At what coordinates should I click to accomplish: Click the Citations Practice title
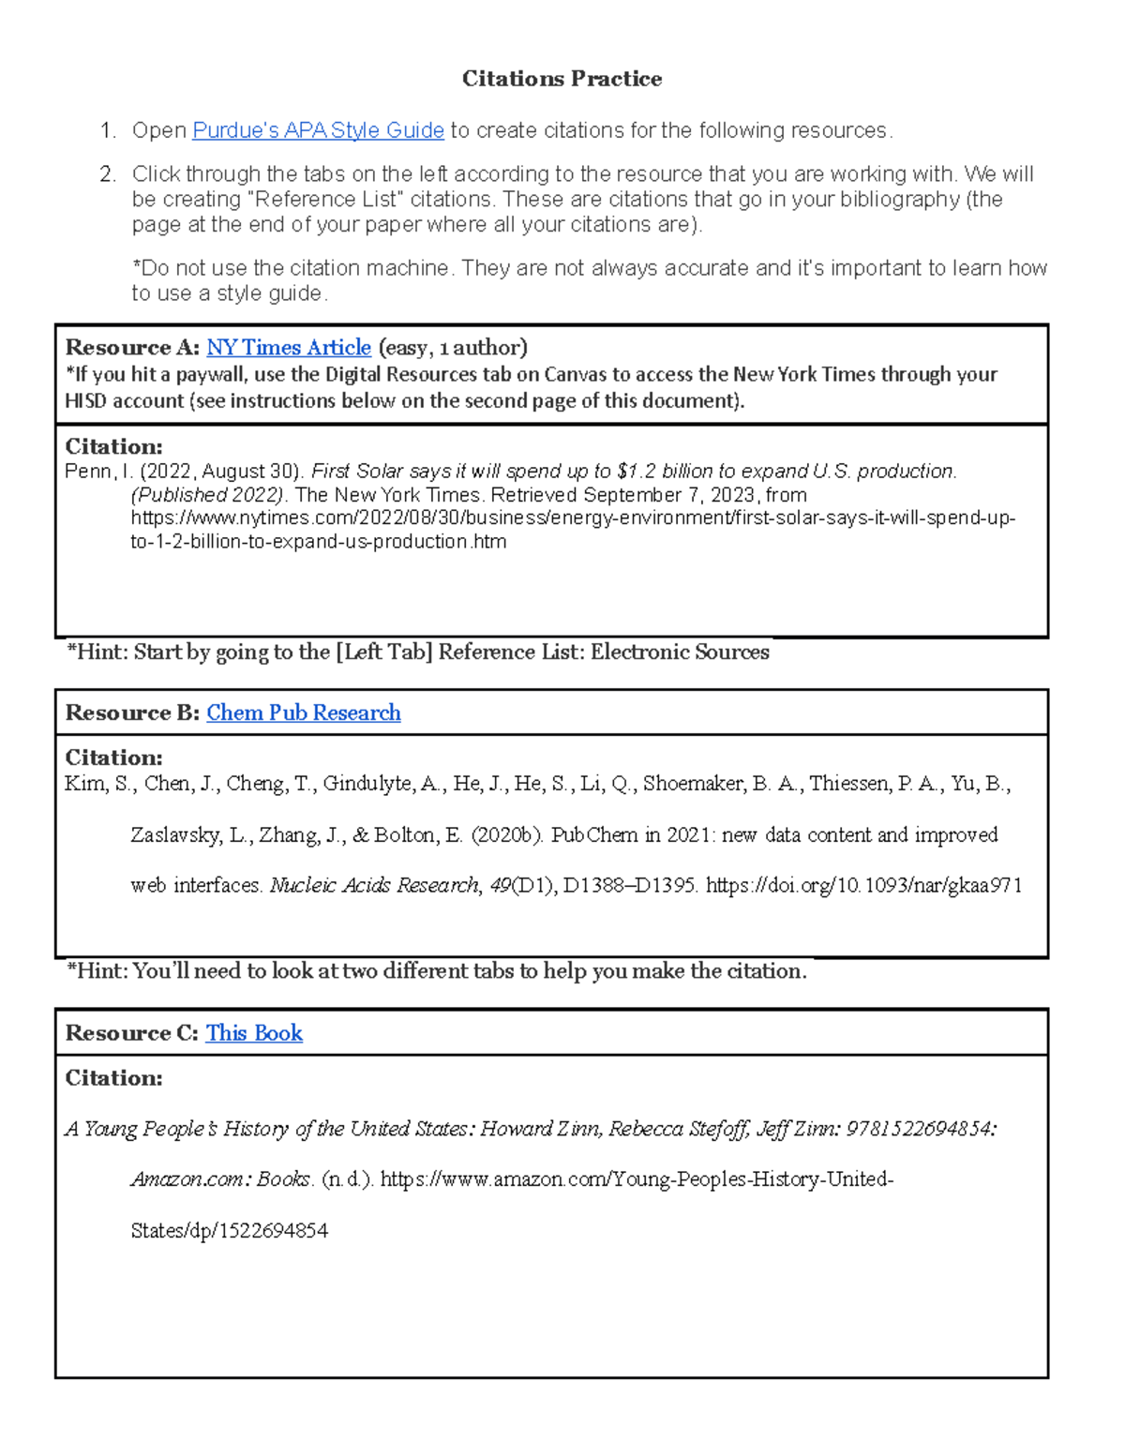[562, 79]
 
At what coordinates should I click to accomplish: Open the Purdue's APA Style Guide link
[318, 130]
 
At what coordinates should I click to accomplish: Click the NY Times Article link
[289, 348]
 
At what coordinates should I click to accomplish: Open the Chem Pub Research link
[304, 713]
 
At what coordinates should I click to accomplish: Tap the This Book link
[254, 1033]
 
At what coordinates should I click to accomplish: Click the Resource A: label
[132, 348]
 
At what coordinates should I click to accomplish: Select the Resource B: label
[132, 713]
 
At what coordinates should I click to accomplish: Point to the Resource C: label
[131, 1033]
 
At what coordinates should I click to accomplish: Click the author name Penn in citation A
[87, 472]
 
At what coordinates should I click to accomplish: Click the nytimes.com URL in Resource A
[572, 518]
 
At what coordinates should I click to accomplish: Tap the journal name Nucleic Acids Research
[374, 886]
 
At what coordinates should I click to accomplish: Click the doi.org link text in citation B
[862, 886]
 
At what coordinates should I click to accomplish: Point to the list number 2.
[108, 174]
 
